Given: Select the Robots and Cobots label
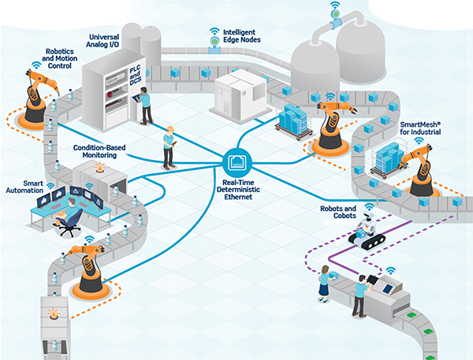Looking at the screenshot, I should (337, 212).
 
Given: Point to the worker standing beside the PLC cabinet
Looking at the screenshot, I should (145, 105).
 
